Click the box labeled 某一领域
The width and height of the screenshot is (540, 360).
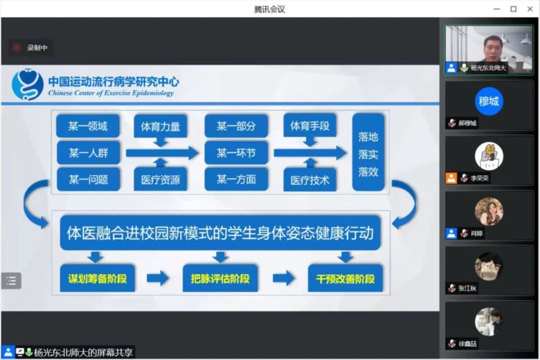point(88,126)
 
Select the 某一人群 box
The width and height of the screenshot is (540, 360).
point(88,153)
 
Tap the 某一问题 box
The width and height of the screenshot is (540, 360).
point(88,179)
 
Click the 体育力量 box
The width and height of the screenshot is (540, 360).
point(160,126)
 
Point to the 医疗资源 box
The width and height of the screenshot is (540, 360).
point(160,179)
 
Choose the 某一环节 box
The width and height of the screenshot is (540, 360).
point(236,153)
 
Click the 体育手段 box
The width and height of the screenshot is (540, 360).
point(310,126)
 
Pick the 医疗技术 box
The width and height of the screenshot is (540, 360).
point(310,180)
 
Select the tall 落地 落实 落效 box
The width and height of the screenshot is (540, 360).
point(368,152)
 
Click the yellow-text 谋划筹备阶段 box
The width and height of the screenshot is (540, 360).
point(98,278)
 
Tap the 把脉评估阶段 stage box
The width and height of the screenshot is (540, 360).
point(220,278)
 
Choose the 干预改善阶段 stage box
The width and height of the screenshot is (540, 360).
point(345,278)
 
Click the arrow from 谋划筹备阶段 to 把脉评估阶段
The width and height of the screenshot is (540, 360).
point(158,278)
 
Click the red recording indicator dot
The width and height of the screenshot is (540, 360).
point(17,48)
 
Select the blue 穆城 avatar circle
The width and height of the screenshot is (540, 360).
point(489,101)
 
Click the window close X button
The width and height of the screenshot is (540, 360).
point(530,9)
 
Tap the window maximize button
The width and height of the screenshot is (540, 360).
point(513,9)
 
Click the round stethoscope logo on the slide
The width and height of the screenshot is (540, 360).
point(28,84)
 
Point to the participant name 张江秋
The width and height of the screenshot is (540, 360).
point(467,288)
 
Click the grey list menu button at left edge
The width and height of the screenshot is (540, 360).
point(11,281)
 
